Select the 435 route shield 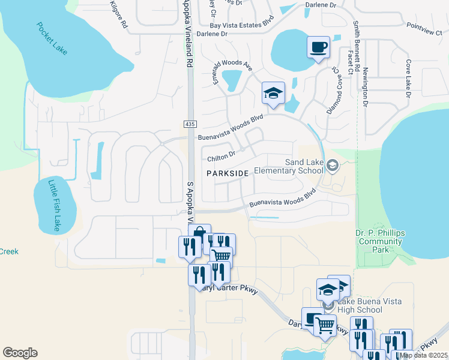189,123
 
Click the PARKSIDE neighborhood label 228,173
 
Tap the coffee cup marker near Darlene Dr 318,47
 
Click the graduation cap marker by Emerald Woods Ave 273,93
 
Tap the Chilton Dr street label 221,157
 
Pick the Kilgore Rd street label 119,15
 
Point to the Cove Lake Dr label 408,79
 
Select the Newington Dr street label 364,86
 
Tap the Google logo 20,353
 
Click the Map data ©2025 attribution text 424,355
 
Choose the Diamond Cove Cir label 333,91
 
